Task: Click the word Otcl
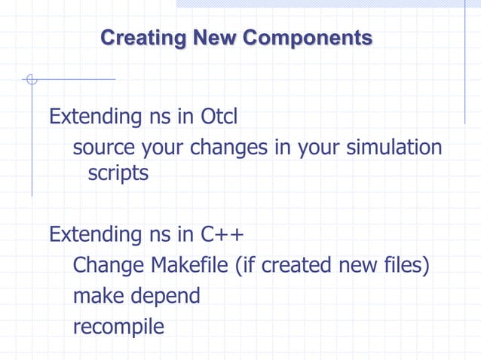click(219, 117)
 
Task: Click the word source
click(102, 148)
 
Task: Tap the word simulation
click(394, 148)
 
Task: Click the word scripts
click(118, 173)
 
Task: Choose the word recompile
click(118, 328)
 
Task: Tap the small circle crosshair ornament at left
click(31, 79)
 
